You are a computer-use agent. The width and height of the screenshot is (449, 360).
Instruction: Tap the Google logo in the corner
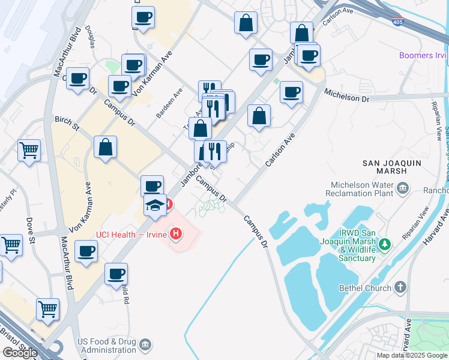20,352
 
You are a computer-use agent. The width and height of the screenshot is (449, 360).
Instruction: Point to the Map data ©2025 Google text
412,355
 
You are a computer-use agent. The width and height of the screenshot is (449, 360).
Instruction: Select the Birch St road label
67,123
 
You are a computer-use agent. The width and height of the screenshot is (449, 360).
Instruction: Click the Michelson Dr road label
347,97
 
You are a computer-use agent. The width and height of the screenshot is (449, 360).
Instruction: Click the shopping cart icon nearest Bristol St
47,310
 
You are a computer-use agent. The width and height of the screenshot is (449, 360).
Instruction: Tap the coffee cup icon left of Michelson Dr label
291,92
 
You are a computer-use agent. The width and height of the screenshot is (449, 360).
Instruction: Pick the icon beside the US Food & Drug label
145,345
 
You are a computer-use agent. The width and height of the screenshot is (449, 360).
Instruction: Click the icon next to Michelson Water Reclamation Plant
402,190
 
